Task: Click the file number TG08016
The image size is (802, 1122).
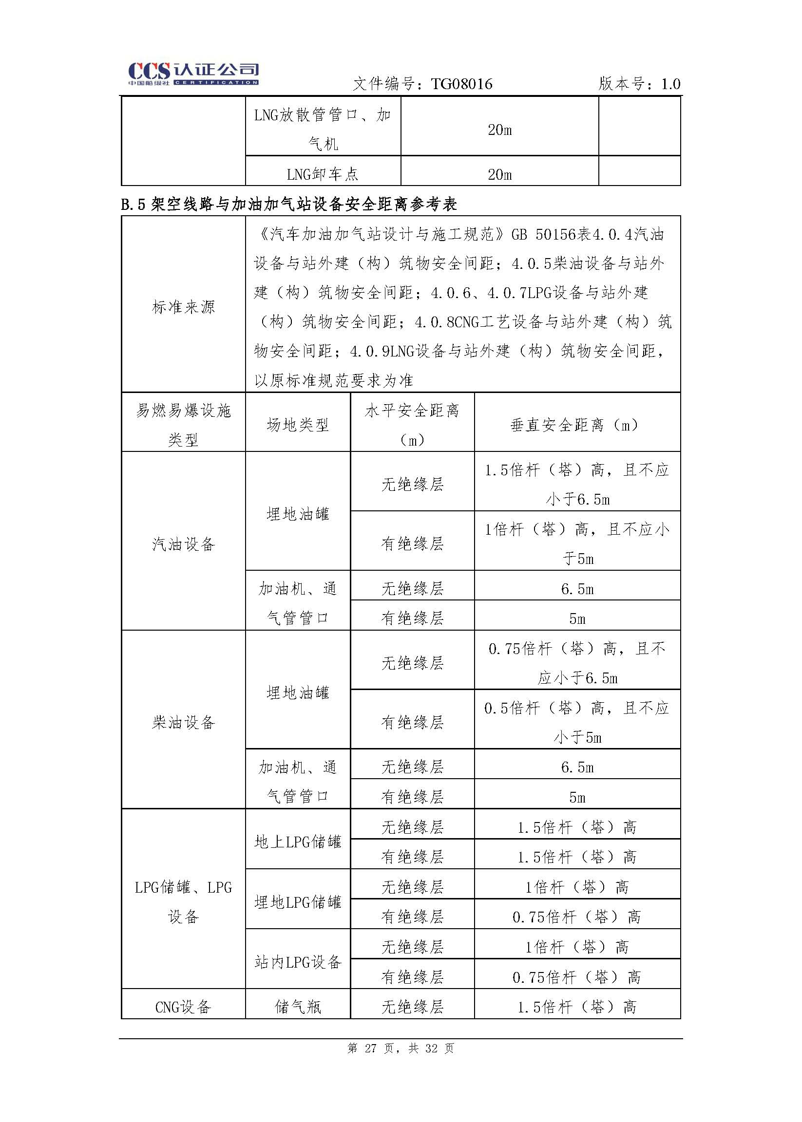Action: click(461, 84)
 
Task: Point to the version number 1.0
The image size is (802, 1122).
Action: click(670, 84)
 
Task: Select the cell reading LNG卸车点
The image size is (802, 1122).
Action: click(323, 174)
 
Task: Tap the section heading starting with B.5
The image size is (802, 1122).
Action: click(289, 204)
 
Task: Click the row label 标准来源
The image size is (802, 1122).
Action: click(183, 307)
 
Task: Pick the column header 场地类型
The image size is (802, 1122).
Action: click(298, 425)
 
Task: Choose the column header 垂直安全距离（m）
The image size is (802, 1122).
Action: click(577, 425)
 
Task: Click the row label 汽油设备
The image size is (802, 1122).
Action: click(183, 544)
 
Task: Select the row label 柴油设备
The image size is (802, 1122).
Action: click(183, 723)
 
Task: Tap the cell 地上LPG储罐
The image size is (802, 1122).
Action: click(298, 841)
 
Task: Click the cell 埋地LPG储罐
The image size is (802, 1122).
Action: click(298, 902)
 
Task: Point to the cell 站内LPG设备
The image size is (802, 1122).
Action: click(298, 962)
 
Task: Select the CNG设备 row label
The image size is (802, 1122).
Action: click(183, 1007)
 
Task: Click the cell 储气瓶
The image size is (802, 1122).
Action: click(298, 1007)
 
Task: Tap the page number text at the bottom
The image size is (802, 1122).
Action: click(401, 1048)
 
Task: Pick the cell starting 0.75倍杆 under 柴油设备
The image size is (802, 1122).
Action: click(577, 662)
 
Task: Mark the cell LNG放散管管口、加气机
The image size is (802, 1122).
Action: click(323, 130)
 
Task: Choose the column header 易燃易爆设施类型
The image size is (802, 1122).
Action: click(183, 425)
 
